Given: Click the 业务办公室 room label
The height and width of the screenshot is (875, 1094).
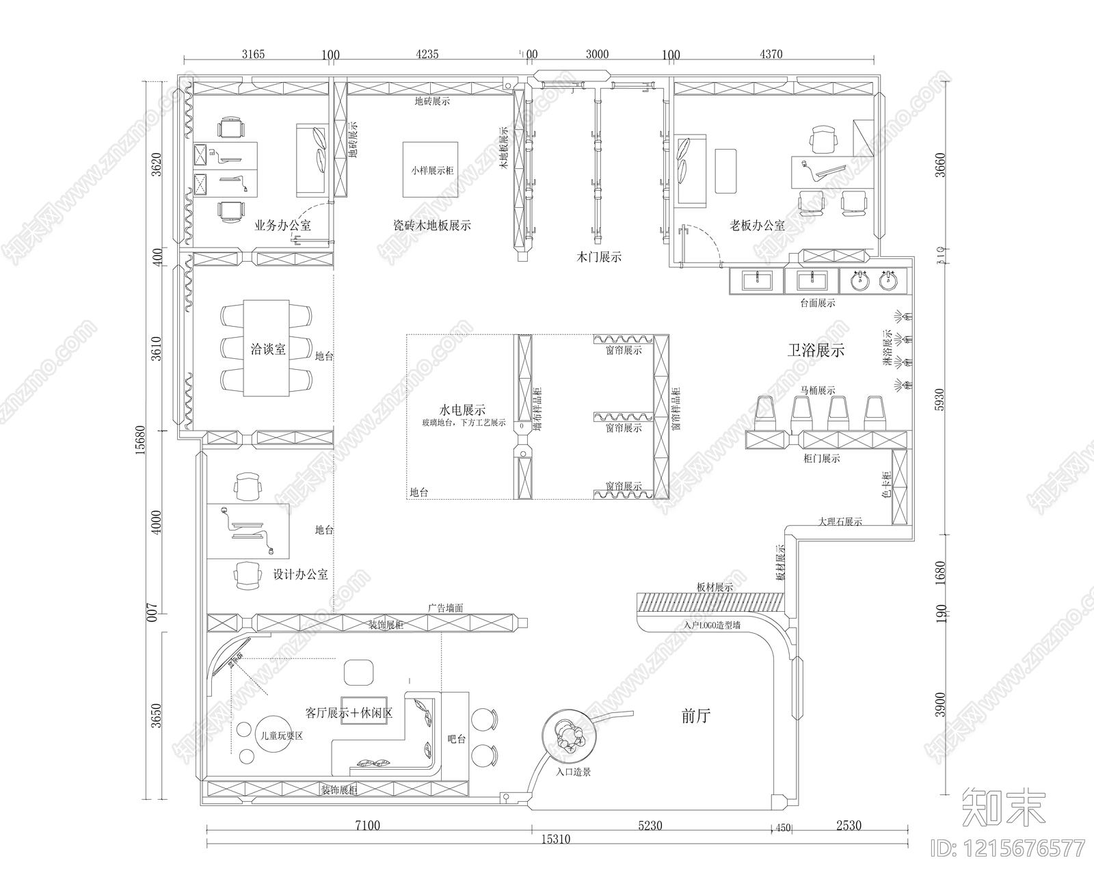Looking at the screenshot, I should (x=282, y=225).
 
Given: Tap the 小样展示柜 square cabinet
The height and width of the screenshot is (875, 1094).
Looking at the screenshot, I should (x=430, y=170).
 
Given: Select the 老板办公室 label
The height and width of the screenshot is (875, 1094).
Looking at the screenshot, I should (x=757, y=225).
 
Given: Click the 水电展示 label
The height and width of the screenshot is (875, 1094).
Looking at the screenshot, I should (x=462, y=410).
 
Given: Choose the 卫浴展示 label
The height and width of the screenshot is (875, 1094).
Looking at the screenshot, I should (x=816, y=351).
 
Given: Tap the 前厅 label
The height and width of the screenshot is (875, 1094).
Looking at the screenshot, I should (x=696, y=716).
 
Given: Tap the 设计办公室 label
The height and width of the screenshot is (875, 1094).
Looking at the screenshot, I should (x=300, y=574).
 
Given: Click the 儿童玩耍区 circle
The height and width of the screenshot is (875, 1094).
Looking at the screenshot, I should (x=277, y=736).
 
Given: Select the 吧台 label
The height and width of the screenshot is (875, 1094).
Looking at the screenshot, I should (x=456, y=739).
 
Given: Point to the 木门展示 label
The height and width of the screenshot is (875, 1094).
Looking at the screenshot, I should (x=599, y=258).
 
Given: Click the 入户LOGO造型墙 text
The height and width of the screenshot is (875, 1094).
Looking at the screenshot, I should (x=711, y=625).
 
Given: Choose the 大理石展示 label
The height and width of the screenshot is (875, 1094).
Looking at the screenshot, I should (x=840, y=522).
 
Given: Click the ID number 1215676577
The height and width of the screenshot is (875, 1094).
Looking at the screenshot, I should (x=1016, y=849).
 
